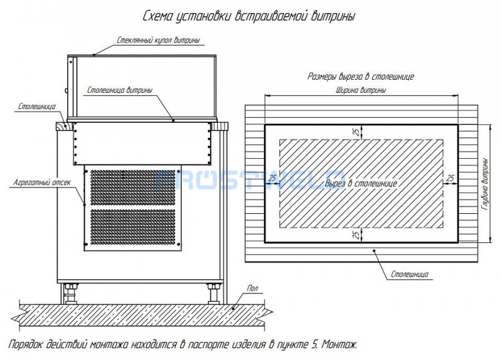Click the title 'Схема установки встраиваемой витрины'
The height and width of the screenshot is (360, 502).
(248, 16)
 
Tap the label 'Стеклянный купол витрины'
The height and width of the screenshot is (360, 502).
(158, 40)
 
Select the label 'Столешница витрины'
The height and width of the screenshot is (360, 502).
(120, 90)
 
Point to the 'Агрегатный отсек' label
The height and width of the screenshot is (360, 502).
(42, 183)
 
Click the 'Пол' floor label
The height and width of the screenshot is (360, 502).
(253, 289)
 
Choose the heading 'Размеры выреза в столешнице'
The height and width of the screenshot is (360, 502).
(361, 77)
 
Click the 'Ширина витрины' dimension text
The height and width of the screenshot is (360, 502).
(361, 90)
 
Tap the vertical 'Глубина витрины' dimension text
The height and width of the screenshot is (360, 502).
(485, 184)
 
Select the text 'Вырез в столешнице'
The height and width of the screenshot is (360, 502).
(361, 183)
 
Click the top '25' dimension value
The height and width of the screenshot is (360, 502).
(356, 132)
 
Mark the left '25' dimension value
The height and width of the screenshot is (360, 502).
(272, 178)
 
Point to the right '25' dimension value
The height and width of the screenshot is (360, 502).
(451, 178)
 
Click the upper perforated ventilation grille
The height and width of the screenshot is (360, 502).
(133, 188)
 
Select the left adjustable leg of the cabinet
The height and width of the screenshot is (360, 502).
(70, 294)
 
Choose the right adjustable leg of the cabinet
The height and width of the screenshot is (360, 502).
(213, 294)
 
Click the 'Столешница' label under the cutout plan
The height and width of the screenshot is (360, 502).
(410, 274)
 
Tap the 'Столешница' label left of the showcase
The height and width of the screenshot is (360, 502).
(37, 107)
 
